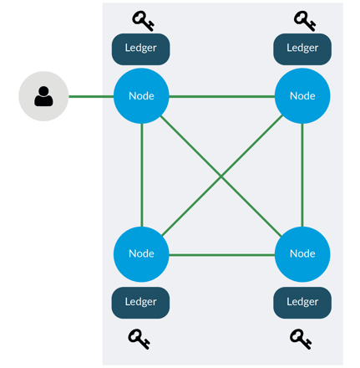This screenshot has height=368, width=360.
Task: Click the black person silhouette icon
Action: pyautogui.click(x=43, y=96)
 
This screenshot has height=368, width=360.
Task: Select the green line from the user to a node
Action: pyautogui.click(x=91, y=97)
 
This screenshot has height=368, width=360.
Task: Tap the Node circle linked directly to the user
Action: pyautogui.click(x=141, y=96)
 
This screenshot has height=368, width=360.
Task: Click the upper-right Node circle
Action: pyautogui.click(x=302, y=96)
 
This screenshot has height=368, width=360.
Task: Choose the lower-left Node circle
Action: pyautogui.click(x=141, y=254)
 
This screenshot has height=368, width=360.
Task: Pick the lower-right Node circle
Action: pyautogui.click(x=302, y=254)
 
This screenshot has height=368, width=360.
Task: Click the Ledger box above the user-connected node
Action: pyautogui.click(x=140, y=49)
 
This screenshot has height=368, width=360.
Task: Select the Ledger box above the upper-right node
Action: pyautogui.click(x=302, y=49)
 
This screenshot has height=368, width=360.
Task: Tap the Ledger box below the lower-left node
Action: pyautogui.click(x=140, y=303)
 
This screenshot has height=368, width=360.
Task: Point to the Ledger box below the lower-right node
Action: pyautogui.click(x=302, y=303)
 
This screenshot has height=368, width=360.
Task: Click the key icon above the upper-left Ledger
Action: pyautogui.click(x=143, y=21)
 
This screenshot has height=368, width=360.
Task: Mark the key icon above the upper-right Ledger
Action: pyautogui.click(x=305, y=21)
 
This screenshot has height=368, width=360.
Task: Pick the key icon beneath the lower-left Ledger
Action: pyautogui.click(x=139, y=339)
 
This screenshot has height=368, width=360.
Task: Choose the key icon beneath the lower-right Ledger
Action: pyautogui.click(x=301, y=339)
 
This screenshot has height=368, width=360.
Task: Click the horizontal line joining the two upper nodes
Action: pyautogui.click(x=221, y=97)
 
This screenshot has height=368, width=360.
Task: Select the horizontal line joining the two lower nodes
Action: pyautogui.click(x=221, y=255)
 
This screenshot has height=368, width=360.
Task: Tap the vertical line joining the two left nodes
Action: pyautogui.click(x=142, y=175)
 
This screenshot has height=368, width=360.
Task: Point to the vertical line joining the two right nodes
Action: pyautogui.click(x=302, y=175)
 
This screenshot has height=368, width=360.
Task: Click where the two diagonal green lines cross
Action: pyautogui.click(x=221, y=176)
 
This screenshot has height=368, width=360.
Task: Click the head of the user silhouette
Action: pyautogui.click(x=43, y=91)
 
